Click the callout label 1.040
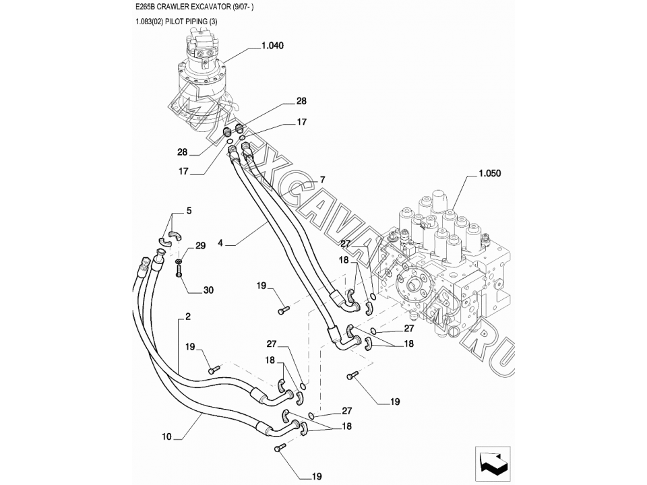272,46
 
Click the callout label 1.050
490,173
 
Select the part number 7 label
322,180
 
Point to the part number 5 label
189,211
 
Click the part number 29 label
200,247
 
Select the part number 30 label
208,290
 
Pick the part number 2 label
187,316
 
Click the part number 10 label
166,437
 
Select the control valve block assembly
445,263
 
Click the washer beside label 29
179,261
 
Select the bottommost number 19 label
317,476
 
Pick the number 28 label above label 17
301,101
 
